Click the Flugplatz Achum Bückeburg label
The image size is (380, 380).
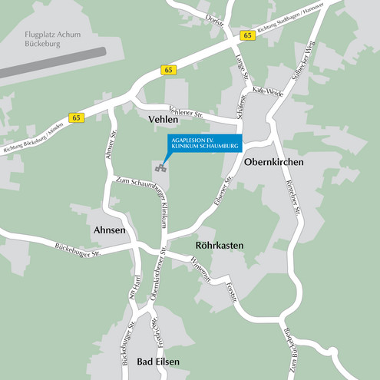click(x=42, y=40)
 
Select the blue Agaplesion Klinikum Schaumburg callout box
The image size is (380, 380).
click(x=204, y=144)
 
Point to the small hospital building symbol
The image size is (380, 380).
click(x=160, y=167)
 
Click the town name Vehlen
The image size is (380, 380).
click(x=163, y=120)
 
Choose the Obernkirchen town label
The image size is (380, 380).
click(x=273, y=163)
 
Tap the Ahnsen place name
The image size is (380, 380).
click(x=110, y=230)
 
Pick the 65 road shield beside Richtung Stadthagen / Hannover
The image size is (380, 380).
click(x=246, y=35)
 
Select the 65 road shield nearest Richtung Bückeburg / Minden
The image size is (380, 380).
click(x=75, y=117)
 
